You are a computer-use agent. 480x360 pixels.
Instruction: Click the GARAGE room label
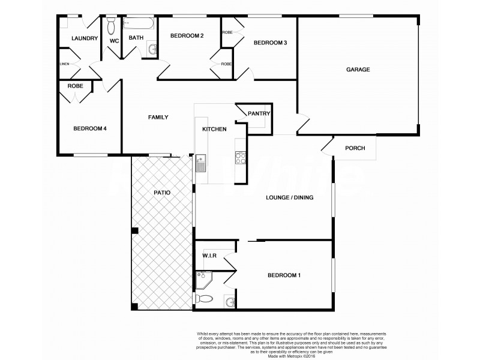358,70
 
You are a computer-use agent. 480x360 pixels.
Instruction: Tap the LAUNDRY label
84,38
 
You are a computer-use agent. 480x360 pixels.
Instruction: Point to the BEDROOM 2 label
187,36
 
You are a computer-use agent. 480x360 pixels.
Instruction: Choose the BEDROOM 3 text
270,43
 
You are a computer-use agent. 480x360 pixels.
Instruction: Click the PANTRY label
259,114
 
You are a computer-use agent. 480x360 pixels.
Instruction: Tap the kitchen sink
200,163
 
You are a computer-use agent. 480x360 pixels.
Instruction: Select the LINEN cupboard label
64,64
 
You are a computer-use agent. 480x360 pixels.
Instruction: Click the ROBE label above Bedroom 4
75,86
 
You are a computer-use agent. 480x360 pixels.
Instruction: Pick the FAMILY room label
158,118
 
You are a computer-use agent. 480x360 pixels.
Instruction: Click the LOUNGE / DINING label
290,197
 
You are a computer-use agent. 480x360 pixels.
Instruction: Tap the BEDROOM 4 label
90,128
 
